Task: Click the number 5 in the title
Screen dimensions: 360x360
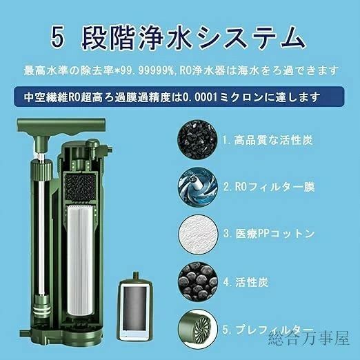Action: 57,37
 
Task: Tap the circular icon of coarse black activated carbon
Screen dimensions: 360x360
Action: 197,139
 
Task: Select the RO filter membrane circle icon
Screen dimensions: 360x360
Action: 198,187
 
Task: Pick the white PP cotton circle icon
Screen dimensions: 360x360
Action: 198,234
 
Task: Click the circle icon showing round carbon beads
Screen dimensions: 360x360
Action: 198,282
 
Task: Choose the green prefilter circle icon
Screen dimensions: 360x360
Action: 198,329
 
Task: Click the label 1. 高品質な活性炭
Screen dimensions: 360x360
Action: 268,140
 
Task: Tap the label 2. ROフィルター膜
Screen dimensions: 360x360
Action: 269,187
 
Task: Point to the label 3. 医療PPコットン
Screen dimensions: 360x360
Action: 269,234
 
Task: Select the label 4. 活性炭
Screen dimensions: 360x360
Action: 246,282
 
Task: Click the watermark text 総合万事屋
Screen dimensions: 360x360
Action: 309,338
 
